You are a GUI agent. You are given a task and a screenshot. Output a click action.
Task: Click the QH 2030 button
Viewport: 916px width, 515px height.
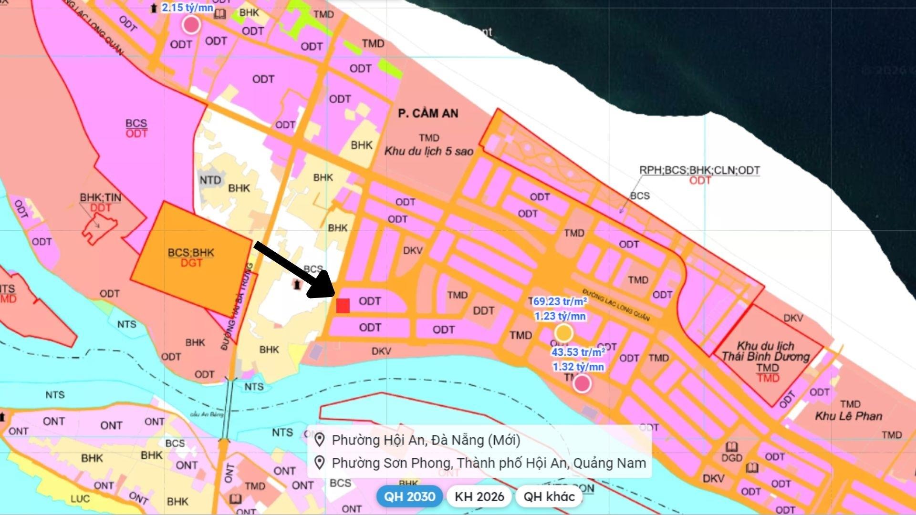click(409, 496)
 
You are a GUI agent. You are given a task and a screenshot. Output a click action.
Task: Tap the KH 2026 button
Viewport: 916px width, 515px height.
click(479, 496)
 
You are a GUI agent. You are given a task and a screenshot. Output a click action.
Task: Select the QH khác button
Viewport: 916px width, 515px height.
click(549, 496)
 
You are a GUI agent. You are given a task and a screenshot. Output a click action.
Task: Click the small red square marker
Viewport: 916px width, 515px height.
click(343, 306)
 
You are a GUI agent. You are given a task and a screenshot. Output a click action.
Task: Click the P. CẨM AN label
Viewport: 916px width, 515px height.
click(428, 113)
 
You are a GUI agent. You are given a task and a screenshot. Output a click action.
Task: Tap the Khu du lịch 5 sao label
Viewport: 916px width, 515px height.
click(428, 151)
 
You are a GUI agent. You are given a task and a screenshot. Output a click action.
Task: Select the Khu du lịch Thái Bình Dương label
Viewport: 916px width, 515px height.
click(765, 351)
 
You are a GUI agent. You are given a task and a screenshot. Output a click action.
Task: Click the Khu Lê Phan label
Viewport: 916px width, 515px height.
click(848, 416)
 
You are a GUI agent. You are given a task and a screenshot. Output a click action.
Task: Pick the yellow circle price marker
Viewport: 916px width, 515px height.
click(563, 333)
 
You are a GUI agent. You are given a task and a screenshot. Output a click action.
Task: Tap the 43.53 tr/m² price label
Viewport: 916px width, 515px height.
click(578, 352)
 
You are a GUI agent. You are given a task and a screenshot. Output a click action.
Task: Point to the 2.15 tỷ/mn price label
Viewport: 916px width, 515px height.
click(187, 8)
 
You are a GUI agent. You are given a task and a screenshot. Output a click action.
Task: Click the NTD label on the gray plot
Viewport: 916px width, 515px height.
click(210, 180)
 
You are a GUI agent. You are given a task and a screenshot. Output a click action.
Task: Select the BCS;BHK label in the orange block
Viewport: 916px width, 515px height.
click(191, 252)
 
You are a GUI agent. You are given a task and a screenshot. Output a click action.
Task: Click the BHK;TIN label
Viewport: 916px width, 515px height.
click(100, 197)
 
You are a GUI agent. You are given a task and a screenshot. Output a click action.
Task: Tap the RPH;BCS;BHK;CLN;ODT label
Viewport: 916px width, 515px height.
click(699, 170)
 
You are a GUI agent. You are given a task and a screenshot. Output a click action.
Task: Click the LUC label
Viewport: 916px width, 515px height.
click(80, 499)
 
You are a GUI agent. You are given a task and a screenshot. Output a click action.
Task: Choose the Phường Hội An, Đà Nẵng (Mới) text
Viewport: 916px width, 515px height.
click(426, 440)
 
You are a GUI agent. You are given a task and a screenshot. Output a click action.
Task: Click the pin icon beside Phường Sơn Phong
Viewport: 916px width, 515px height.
click(320, 463)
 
